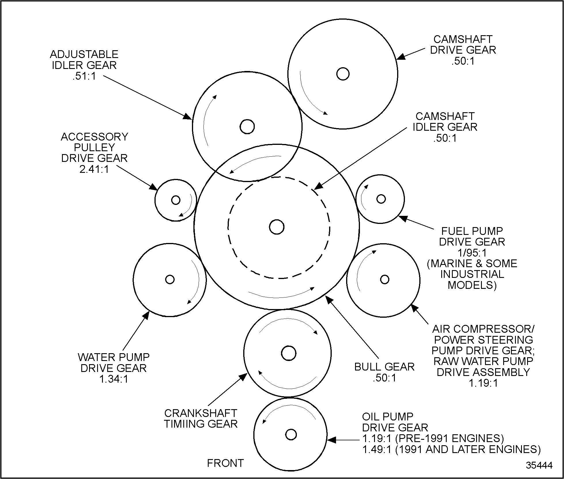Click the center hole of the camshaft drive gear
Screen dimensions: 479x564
343,74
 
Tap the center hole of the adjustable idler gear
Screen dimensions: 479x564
247,126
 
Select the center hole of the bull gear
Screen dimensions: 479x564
277,227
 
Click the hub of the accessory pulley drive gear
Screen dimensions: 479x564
176,200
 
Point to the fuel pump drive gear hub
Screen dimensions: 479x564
381,199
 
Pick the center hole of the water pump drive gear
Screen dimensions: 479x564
170,279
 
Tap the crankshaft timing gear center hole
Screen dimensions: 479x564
288,353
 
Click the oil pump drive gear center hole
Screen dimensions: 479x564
291,435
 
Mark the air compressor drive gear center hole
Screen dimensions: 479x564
384,279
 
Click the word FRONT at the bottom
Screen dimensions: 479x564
225,463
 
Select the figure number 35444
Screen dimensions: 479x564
539,465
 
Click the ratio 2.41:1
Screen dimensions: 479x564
94,169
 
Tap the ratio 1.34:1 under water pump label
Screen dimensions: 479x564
114,379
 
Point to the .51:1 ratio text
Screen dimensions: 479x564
84,76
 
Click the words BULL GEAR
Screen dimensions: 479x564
384,367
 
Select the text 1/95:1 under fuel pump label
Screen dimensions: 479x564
472,253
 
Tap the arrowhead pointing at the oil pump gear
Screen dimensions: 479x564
331,440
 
